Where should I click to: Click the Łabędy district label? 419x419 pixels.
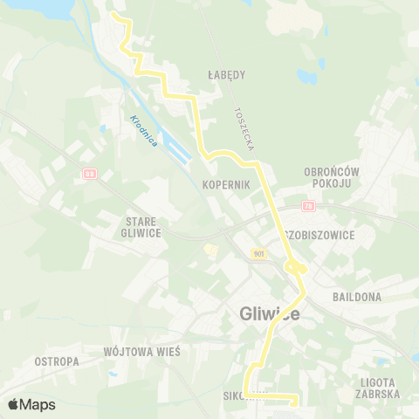pos(228,74)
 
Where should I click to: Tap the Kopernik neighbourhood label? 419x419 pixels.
pos(226,185)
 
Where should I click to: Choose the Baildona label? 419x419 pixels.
pos(356,297)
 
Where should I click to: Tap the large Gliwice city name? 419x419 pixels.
pos(269,314)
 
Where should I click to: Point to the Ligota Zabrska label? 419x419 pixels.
pos(378,388)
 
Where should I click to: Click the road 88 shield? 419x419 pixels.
pos(88,174)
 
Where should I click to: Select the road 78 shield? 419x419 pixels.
pos(308,206)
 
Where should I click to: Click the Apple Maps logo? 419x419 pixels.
pos(31,404)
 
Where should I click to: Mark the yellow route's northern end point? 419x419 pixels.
pos(115,15)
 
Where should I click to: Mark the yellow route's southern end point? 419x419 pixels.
pos(294,403)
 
